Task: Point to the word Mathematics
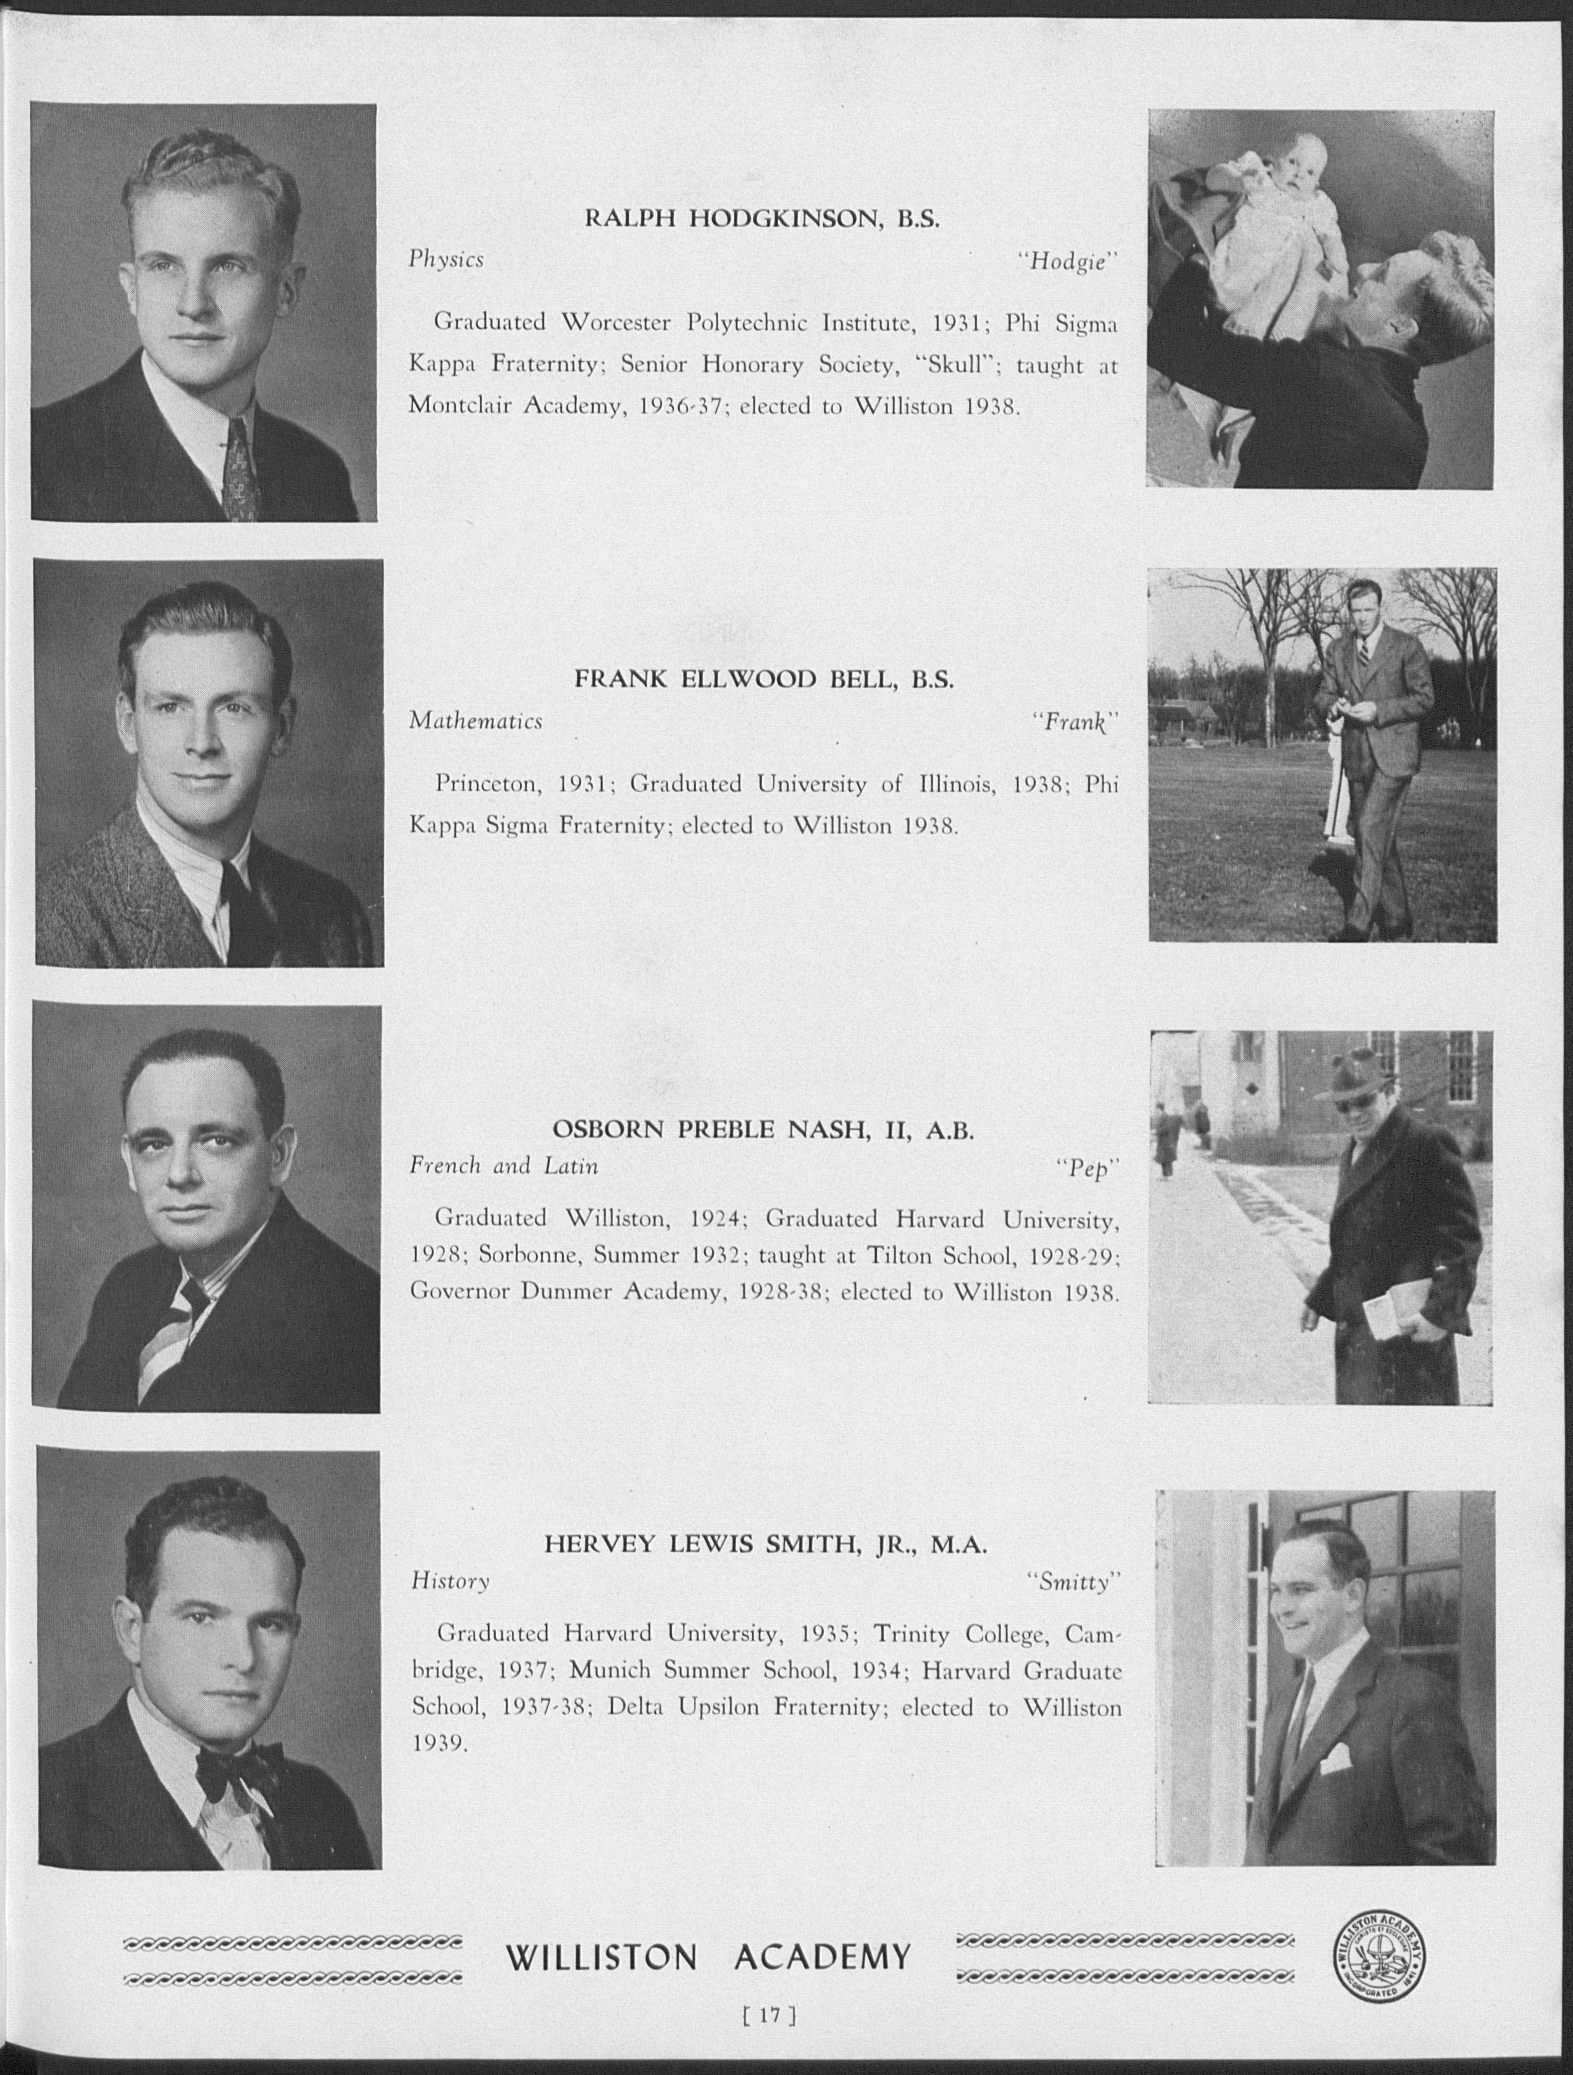(x=476, y=722)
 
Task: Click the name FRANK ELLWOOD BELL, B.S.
(x=763, y=680)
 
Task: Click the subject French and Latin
(x=504, y=1166)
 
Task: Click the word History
(x=450, y=1581)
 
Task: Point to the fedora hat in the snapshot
(x=1352, y=1076)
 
